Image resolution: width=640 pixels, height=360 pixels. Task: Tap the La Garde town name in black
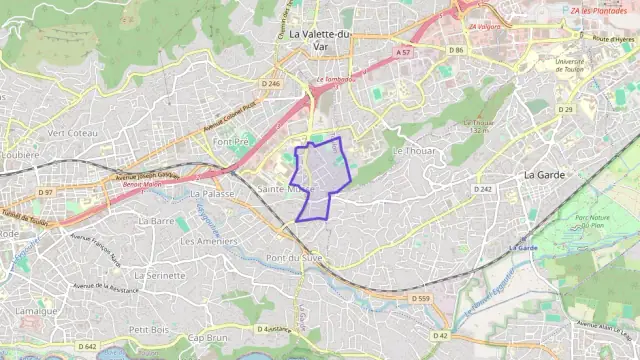pos(546,174)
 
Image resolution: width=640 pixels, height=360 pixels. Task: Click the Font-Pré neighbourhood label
pos(230,142)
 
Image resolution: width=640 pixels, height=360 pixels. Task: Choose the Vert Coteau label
pos(73,133)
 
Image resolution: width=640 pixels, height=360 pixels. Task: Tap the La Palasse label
pos(212,194)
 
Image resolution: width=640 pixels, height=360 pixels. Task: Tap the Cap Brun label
pos(208,338)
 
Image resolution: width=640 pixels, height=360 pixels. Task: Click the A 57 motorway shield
pos(402,51)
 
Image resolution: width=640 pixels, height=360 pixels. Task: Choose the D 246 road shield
pos(270,84)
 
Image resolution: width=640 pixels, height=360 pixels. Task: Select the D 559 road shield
pos(420,298)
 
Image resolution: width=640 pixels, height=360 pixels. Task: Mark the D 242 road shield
pos(484,188)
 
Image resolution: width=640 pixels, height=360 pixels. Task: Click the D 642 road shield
pos(86,346)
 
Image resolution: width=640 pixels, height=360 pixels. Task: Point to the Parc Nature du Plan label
pos(597,221)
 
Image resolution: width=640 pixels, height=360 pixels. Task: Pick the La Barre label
pos(156,220)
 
